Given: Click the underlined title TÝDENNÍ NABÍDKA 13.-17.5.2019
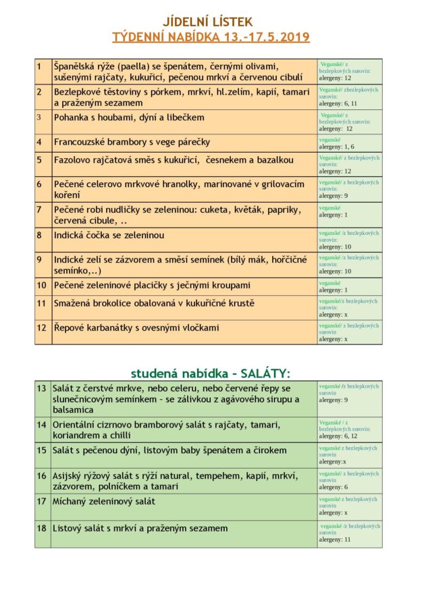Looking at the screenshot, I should coord(211,37).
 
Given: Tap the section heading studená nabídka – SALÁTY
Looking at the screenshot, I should coord(210,373).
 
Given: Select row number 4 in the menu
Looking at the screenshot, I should coord(39,142).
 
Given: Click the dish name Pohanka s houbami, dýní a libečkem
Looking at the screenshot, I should coord(129,118).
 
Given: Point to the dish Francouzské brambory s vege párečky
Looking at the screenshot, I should coord(132,142).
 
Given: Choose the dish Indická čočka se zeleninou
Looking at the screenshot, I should coord(109,235).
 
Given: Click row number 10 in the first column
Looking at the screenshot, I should coord(41,285).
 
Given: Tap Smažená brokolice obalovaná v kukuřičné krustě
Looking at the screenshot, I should coord(155,303).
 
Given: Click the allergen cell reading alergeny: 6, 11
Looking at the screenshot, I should coord(349,97).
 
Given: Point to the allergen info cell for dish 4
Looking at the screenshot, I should coord(349,142).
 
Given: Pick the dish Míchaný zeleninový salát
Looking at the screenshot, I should coord(105,501).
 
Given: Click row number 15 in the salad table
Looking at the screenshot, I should coord(42,450).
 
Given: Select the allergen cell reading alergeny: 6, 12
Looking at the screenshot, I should coord(349,429).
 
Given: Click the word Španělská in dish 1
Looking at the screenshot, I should coord(75,66).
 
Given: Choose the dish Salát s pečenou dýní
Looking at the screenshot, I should coord(171,450).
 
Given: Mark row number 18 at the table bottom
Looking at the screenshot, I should coord(42,528).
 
